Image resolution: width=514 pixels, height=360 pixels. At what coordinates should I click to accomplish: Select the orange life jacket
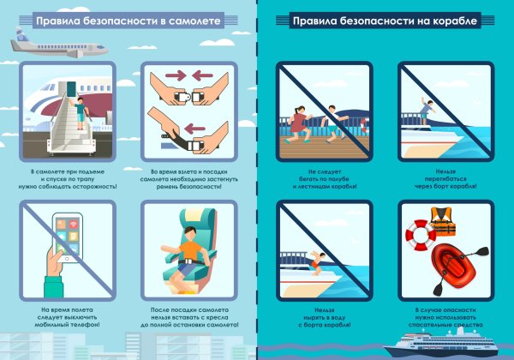point(442,223)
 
